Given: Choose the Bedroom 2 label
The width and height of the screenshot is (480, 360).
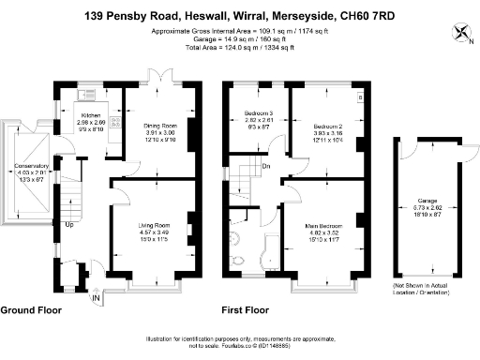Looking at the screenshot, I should [327, 125].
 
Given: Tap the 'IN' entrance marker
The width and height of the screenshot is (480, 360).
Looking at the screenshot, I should [97, 299].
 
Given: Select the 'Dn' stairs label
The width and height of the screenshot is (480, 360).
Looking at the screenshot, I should [267, 168].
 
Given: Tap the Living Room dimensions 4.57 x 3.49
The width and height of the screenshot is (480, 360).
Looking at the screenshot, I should [155, 232].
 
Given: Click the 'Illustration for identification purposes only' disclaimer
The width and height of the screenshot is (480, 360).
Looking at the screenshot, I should [239, 339].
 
